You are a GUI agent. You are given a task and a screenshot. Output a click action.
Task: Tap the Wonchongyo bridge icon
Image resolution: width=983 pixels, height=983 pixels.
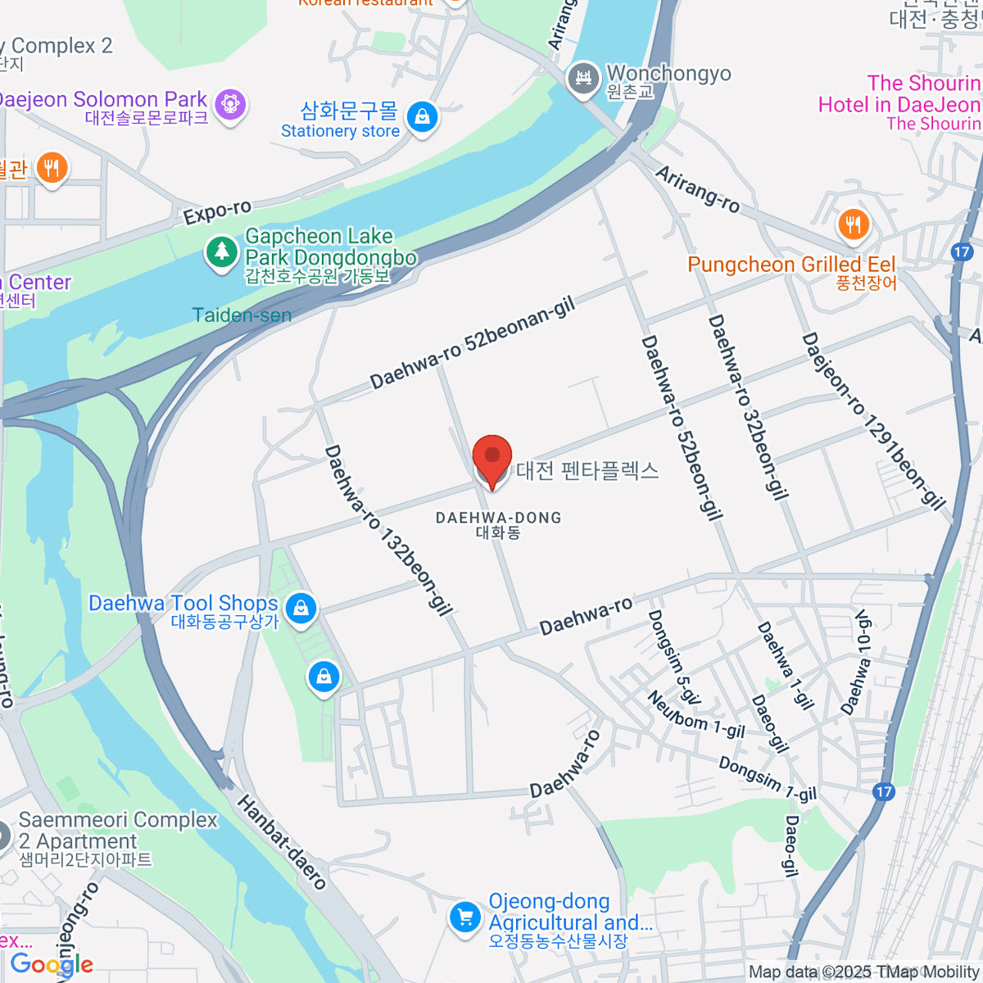(583, 79)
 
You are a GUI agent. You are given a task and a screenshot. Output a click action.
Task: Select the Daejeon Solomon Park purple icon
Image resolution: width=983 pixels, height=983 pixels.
(230, 105)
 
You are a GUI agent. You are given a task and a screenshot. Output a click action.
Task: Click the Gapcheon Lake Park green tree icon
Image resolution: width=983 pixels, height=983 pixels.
(220, 251)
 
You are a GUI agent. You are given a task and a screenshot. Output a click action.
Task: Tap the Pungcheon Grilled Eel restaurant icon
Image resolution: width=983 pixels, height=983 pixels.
(853, 224)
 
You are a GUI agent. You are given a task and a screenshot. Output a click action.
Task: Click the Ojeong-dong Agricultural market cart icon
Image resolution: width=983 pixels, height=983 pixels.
(464, 917)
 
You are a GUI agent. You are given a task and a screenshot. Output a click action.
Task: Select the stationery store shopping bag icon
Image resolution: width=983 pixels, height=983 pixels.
(422, 117)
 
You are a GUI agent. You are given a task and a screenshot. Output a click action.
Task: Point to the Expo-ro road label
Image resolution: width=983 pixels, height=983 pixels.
(217, 212)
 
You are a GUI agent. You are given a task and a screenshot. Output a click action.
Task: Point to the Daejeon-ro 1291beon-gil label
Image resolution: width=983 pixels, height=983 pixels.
(873, 421)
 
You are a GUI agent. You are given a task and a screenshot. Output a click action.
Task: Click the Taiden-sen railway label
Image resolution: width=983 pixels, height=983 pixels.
(242, 315)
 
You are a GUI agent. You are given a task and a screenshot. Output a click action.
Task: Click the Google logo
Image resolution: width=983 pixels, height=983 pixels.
(52, 965)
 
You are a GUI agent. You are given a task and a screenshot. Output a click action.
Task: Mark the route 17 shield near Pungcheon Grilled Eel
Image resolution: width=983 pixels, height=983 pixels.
(962, 251)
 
